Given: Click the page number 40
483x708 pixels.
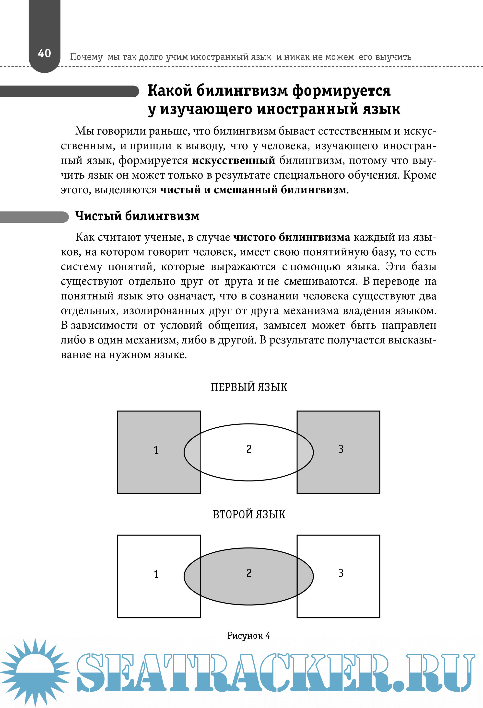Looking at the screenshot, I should [44, 53].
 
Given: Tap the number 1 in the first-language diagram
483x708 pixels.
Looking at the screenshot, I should [156, 450].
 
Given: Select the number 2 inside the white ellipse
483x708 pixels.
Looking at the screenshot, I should [249, 449].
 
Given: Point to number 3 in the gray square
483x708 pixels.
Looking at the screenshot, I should [341, 449].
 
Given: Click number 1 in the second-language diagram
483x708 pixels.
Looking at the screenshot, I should [156, 574].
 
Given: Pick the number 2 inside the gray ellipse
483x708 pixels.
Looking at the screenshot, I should [249, 573].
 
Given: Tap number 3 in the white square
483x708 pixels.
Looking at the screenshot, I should [341, 573].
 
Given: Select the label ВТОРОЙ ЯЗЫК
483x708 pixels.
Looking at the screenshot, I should [249, 514].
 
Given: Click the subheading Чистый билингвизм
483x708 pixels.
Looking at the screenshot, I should [137, 216].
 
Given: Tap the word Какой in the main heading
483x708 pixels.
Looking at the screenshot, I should [170, 91].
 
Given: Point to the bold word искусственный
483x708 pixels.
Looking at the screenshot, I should [234, 160].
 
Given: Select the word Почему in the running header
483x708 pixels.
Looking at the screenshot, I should [86, 57].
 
